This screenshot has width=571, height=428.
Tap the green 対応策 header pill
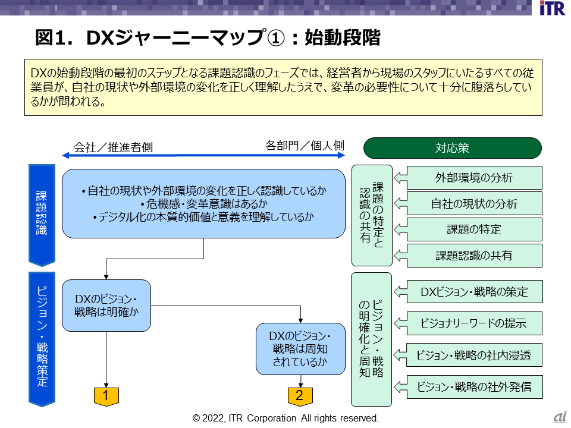tap(452, 148)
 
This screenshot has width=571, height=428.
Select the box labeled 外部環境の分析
tap(474, 178)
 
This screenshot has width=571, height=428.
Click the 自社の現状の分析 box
tap(474, 204)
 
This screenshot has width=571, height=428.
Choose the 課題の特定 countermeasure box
tap(474, 229)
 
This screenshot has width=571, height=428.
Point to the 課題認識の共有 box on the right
tap(474, 256)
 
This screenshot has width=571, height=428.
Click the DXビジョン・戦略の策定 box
tap(474, 292)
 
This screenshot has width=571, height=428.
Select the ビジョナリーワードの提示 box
tap(474, 323)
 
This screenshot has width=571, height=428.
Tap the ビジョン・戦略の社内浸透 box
tap(474, 355)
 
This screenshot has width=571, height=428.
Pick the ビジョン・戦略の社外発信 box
tap(474, 387)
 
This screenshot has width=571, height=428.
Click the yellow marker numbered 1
tap(106, 395)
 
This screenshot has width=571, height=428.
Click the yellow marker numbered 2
tap(300, 395)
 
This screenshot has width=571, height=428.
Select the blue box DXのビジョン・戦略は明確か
tap(106, 305)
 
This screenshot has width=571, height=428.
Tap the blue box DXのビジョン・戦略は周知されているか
tap(300, 348)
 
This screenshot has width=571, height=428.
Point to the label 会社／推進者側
tap(113, 147)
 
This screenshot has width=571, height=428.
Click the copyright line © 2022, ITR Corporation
tap(285, 418)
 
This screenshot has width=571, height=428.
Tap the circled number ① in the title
tap(274, 37)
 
